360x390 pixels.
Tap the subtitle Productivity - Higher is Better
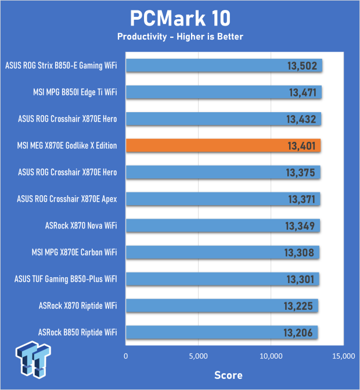click(179, 37)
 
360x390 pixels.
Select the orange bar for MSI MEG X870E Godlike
click(223, 145)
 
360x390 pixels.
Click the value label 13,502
click(301, 66)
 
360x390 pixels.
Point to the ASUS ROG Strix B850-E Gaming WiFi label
click(60, 66)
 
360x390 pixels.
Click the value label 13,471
click(301, 92)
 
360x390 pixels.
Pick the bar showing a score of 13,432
click(223, 119)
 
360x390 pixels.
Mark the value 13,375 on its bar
click(301, 172)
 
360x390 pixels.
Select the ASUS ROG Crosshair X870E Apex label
click(67, 199)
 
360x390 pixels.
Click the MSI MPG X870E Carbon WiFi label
click(74, 252)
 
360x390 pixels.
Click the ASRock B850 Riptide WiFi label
click(78, 332)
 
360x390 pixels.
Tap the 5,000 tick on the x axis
click(199, 356)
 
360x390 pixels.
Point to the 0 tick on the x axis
click(126, 356)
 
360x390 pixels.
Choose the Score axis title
click(228, 374)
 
